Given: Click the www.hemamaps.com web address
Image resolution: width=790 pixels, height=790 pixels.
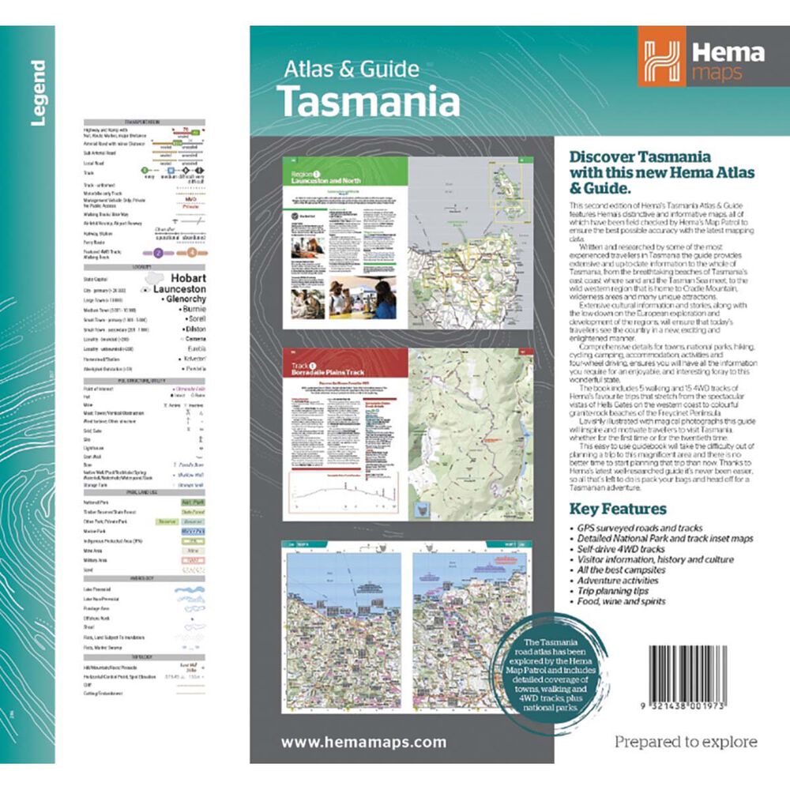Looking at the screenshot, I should tap(363, 742).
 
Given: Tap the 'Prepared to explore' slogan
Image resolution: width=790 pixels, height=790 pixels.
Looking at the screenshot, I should tap(686, 742).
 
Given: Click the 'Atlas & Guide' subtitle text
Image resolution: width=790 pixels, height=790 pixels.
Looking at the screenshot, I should tap(352, 70).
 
